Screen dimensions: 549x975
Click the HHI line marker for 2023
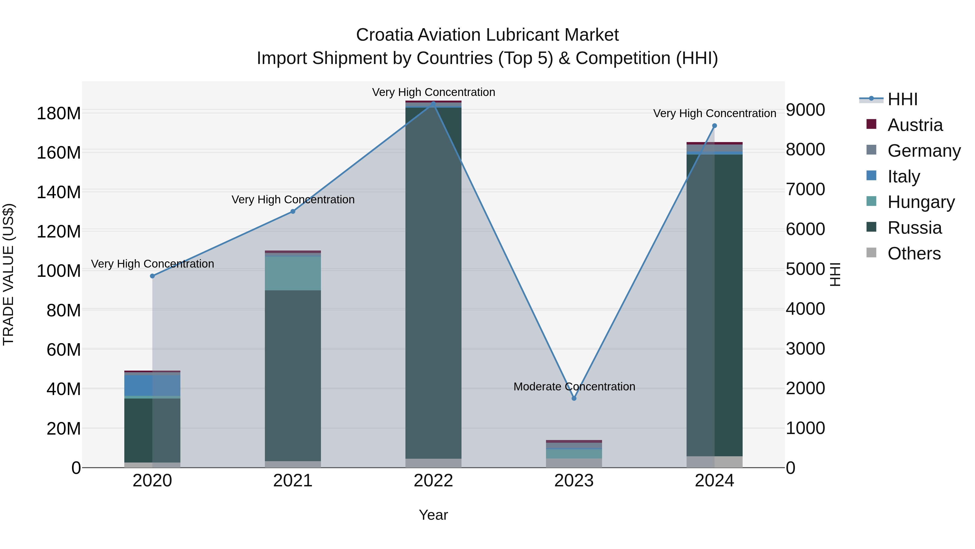coord(574,398)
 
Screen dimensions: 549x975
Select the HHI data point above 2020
coord(152,276)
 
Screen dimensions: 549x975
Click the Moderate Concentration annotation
coord(574,386)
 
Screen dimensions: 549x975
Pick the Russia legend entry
coord(914,228)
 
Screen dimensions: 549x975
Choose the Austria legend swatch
coord(871,124)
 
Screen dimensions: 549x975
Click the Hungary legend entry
coord(921,202)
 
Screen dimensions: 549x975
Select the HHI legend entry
coord(902,99)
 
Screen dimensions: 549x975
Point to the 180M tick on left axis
coord(59,113)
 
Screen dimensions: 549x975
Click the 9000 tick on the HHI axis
coord(805,110)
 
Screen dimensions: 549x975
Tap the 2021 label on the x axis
coord(292,481)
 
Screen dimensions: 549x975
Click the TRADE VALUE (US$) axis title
coord(8,274)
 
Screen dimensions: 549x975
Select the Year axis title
coord(433,515)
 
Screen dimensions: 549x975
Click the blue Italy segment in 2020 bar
coord(152,385)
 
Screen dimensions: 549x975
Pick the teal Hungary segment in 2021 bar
coord(292,273)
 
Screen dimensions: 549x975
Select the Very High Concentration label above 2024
coord(714,113)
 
